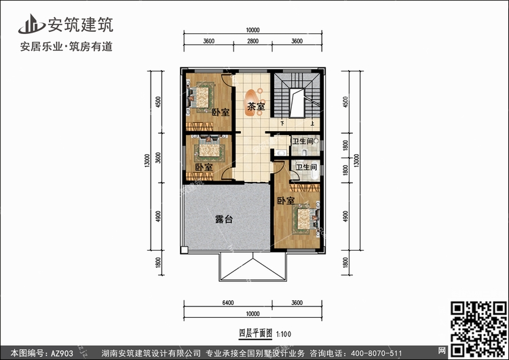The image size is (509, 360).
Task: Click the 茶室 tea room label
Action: (x=256, y=106)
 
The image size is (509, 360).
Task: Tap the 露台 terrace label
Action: (x=224, y=219)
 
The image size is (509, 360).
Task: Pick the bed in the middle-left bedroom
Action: (x=210, y=149)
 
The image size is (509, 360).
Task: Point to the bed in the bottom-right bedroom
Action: (x=305, y=220)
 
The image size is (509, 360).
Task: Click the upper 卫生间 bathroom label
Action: (x=303, y=141)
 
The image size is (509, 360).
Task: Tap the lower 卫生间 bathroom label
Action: (x=307, y=167)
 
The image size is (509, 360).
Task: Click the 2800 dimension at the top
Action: (x=253, y=41)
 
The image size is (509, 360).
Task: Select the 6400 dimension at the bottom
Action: (x=228, y=303)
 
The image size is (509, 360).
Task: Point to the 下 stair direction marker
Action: (x=282, y=124)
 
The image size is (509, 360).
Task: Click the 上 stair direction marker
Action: (x=312, y=124)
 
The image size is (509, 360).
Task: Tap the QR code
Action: (x=479, y=329)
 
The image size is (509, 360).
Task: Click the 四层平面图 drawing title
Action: (x=255, y=334)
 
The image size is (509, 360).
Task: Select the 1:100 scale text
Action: (x=284, y=334)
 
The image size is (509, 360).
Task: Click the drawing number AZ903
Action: (x=62, y=353)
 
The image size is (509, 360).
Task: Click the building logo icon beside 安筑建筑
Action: (x=31, y=24)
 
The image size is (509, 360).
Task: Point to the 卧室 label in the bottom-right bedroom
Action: (x=286, y=200)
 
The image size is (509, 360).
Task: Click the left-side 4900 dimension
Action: (x=158, y=217)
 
